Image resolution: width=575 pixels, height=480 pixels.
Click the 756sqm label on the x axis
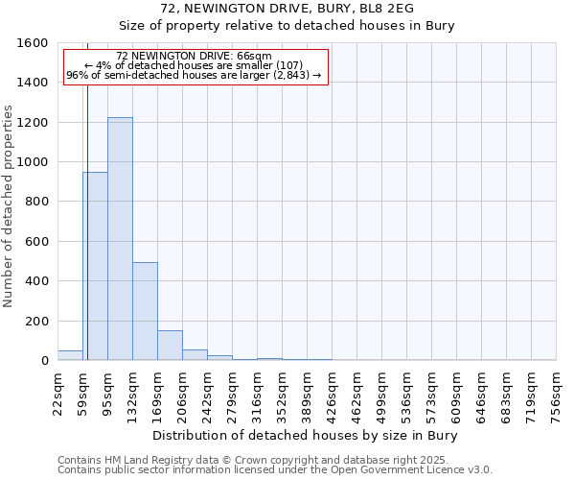coord(556,394)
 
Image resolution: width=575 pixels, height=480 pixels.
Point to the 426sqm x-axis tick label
coord(332,394)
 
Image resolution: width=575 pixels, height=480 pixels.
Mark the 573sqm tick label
coord(431,394)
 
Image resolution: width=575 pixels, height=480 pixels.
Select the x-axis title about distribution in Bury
coord(306,435)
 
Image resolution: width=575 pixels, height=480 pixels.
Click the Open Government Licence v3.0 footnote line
coord(274,470)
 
